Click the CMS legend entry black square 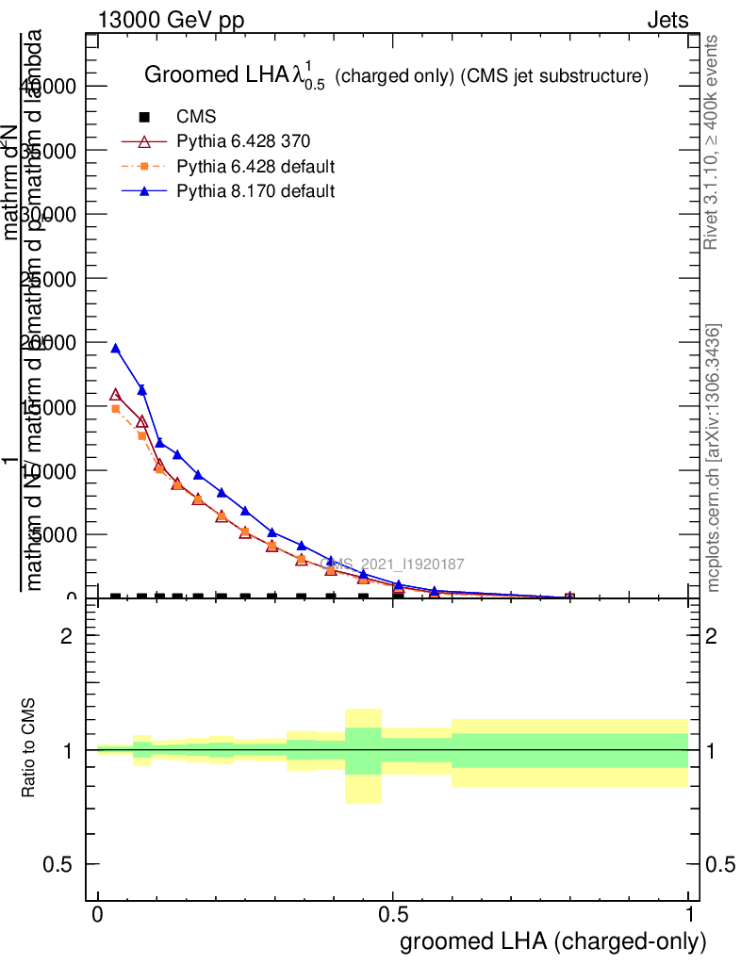tap(144, 117)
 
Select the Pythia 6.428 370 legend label tap(243, 141)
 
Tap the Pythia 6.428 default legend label tap(255, 167)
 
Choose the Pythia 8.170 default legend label tap(255, 191)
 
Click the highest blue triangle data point tap(116, 349)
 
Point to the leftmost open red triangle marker tap(116, 395)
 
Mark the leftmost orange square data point tap(116, 409)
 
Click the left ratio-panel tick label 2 tap(65, 636)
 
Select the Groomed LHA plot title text tap(395, 76)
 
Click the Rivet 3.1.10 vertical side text tap(712, 141)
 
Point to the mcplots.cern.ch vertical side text tap(714, 458)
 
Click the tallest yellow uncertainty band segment tap(363, 756)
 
